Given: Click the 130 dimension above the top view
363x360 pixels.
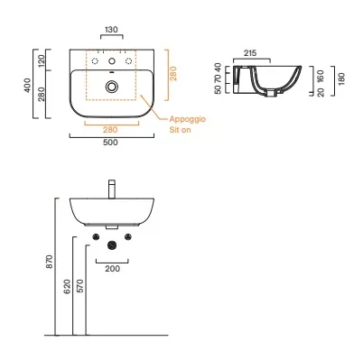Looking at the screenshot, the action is coord(111,30).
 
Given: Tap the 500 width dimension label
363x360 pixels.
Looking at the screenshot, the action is coord(110,143).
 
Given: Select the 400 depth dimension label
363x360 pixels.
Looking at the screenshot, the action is coord(27,85).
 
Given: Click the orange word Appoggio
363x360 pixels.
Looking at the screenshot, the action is coord(188,119).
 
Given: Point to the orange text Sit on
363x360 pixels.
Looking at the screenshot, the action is coord(180,130).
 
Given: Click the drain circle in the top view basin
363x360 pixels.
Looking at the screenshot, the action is coord(112,87).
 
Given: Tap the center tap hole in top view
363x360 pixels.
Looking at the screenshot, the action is coord(112,61).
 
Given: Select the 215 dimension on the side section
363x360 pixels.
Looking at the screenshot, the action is coord(250,53).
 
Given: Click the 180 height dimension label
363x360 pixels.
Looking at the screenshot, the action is coord(341,78).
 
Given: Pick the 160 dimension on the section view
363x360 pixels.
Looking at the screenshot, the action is coord(321,77).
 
